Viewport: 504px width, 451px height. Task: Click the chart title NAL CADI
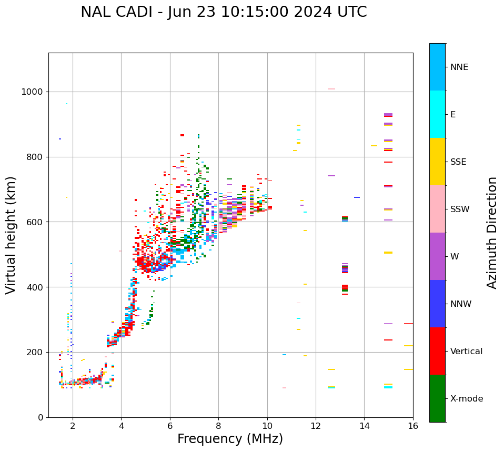coord(224,12)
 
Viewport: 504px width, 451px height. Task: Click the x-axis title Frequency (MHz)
coord(230,439)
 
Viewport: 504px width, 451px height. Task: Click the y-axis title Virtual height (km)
coord(11,235)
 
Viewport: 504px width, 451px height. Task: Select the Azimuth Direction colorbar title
coord(492,232)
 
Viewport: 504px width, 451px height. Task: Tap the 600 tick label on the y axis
coord(35,222)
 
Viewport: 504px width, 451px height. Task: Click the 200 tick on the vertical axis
coord(35,352)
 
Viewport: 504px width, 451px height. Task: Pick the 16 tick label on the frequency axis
coord(413,426)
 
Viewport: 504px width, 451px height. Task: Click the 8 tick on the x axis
coord(218,426)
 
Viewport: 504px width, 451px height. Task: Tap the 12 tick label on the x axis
coord(316,426)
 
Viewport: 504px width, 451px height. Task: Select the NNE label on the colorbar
coord(459,67)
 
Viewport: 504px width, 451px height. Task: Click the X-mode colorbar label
coord(466,399)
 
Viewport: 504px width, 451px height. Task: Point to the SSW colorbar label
coord(460,209)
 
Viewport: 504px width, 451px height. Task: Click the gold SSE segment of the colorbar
coord(437,162)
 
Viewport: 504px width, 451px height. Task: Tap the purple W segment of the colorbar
coord(437,256)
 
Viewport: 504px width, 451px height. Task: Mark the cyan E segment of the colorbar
coord(437,114)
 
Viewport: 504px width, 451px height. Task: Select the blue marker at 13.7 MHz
coord(357,197)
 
